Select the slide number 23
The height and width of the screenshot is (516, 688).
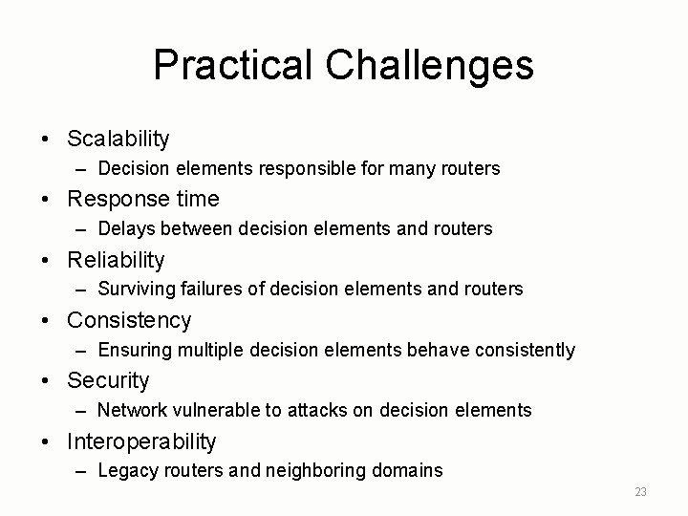pos(640,491)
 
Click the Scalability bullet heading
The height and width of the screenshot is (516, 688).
pos(118,139)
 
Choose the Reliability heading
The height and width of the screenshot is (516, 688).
pos(116,260)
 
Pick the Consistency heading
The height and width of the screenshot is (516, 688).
pos(129,320)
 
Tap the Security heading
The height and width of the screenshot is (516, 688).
pos(108,380)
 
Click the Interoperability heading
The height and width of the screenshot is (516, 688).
pos(141,441)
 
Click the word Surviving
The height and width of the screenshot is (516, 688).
pos(135,290)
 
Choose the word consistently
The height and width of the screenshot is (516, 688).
pos(525,351)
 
